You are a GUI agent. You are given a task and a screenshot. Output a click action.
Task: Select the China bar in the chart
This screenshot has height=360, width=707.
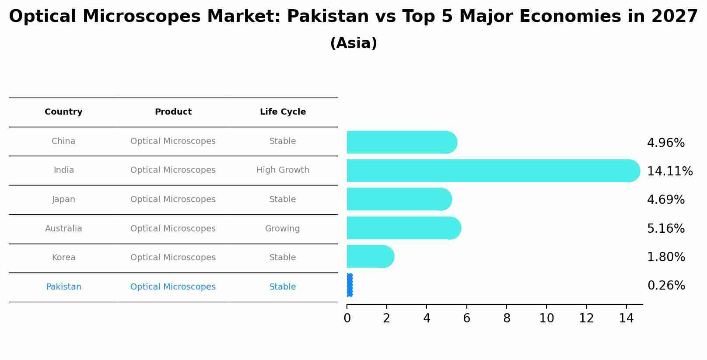click(400, 142)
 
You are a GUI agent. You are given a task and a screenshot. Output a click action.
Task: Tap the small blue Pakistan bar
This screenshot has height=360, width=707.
click(350, 285)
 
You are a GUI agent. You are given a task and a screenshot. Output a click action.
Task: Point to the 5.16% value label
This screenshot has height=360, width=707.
click(665, 228)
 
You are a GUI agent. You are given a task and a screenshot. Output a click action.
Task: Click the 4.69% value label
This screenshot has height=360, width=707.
click(665, 199)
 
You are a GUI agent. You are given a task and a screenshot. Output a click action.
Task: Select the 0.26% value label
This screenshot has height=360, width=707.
click(666, 285)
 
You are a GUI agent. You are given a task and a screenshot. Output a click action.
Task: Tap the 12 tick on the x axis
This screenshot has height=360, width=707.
click(586, 318)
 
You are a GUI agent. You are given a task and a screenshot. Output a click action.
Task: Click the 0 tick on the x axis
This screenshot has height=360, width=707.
click(347, 318)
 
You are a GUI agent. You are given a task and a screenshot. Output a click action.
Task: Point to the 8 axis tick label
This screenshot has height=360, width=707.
click(507, 318)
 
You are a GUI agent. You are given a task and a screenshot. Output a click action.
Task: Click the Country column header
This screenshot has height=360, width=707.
click(63, 112)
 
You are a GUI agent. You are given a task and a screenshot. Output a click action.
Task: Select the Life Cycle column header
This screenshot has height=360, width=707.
click(283, 112)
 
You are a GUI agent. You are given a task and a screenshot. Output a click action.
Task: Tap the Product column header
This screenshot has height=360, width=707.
click(173, 112)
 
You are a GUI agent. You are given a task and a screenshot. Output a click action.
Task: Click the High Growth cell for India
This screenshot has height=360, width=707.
click(283, 170)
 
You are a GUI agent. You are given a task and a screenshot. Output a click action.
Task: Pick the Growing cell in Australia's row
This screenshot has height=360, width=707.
click(282, 228)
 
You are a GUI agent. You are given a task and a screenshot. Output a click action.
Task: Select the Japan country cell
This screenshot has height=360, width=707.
click(63, 199)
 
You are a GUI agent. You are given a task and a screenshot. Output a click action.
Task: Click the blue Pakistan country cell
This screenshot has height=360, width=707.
click(63, 287)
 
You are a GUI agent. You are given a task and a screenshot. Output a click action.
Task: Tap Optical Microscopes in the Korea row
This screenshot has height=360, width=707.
click(173, 258)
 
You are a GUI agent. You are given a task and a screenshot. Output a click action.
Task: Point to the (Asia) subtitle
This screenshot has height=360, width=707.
click(353, 43)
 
